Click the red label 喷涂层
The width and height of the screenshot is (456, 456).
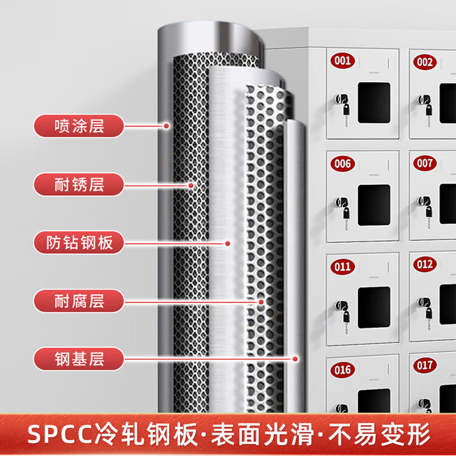click(79, 126)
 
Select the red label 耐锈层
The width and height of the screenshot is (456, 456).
click(79, 185)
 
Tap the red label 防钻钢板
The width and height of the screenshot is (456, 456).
click(79, 243)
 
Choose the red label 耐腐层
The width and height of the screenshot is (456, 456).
click(79, 301)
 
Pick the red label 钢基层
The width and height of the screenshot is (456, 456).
click(79, 359)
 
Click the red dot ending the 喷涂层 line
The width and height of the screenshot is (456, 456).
click(167, 126)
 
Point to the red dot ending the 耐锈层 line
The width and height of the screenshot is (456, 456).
click(191, 185)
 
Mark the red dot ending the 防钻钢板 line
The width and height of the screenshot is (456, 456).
click(228, 243)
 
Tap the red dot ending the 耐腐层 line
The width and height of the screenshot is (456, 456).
click(261, 302)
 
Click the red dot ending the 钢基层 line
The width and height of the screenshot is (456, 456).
click(295, 359)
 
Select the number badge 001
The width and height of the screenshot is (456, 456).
click(342, 60)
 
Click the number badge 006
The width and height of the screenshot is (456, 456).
click(342, 164)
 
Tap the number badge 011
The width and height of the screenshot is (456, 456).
click(342, 267)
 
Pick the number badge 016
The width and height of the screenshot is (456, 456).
click(342, 370)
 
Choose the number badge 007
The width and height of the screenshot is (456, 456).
click(425, 163)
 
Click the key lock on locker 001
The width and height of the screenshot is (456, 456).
click(342, 105)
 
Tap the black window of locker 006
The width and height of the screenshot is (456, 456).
click(374, 205)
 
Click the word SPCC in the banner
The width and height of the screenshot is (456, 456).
click(61, 434)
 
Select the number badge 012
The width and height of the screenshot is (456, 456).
click(425, 264)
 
